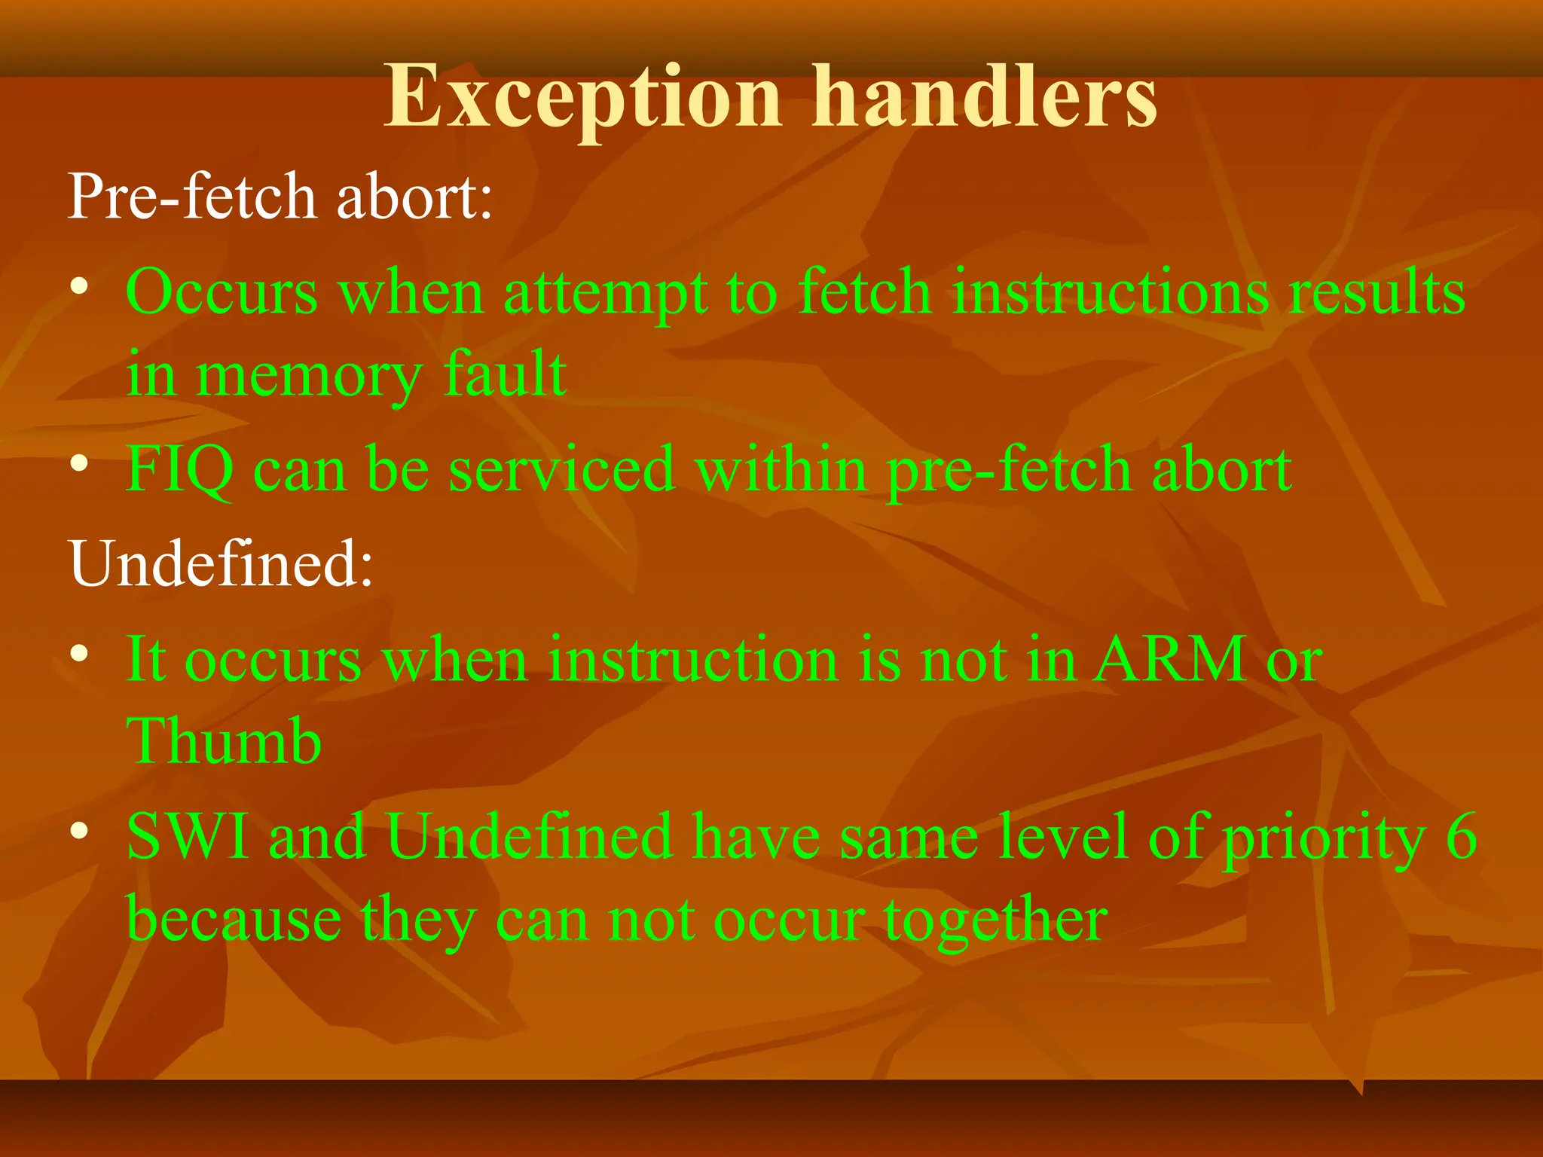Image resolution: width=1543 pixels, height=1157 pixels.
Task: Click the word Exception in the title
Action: coord(582,98)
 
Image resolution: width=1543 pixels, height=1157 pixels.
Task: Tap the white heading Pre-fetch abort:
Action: coord(280,197)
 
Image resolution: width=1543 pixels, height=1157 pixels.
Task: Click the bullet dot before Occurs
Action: coord(80,287)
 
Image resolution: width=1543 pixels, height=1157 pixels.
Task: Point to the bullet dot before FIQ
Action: coord(80,464)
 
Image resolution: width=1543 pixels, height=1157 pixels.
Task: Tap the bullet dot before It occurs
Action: coord(80,654)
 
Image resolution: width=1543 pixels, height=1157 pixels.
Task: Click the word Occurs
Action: coord(222,292)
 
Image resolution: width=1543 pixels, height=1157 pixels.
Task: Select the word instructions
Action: coord(1111,292)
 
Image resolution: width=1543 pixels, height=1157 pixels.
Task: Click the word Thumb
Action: coord(224,741)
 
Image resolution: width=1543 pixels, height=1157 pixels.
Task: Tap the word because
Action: coord(234,920)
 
